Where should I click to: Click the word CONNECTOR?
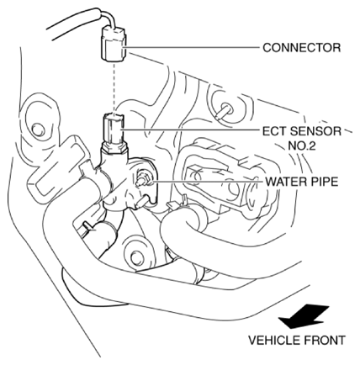click(x=302, y=48)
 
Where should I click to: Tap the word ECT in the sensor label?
click(x=274, y=131)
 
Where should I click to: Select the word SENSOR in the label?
click(x=315, y=131)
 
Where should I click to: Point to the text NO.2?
click(x=302, y=146)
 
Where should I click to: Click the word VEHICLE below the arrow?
click(x=273, y=341)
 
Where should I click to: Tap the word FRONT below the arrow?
click(x=323, y=341)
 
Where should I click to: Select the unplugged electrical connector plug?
click(x=114, y=44)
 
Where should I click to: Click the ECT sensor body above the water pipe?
click(x=113, y=129)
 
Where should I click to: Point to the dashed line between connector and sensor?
click(x=114, y=87)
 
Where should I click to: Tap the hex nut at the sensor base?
click(x=115, y=146)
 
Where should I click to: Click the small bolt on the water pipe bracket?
click(x=142, y=180)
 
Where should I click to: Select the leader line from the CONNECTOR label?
click(x=193, y=48)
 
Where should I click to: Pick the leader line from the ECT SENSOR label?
click(x=190, y=130)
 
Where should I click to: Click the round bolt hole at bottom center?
click(x=137, y=257)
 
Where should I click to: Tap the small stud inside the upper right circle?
click(x=225, y=110)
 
